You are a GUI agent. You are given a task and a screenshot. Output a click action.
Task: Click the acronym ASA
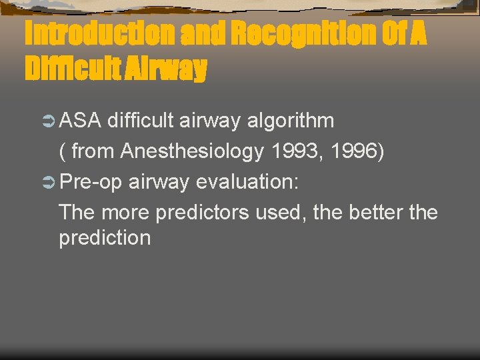click(x=80, y=121)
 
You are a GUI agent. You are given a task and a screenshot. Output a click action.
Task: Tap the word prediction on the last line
click(x=105, y=238)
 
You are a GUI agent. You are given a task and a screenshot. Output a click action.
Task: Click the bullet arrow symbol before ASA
click(x=48, y=122)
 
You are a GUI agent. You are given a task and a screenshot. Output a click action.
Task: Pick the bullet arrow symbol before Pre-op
click(x=48, y=183)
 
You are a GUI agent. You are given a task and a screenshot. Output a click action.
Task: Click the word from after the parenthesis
click(x=93, y=151)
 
